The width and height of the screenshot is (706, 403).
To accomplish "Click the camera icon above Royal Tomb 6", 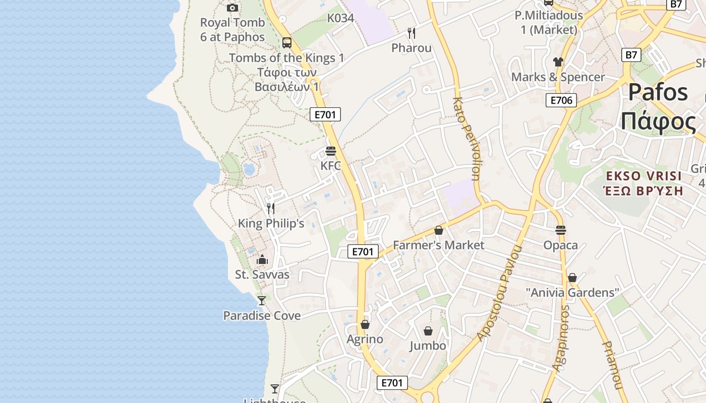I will pyautogui.click(x=232, y=8).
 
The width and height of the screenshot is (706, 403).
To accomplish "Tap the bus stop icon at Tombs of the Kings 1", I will pyautogui.click(x=287, y=43).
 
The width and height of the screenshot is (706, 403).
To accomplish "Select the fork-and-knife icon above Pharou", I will pyautogui.click(x=411, y=33).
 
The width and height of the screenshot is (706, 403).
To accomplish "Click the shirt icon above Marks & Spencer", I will pyautogui.click(x=558, y=62).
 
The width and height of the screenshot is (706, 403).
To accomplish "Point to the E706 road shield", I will pyautogui.click(x=561, y=100).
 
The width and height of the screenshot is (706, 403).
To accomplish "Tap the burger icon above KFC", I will pyautogui.click(x=331, y=151).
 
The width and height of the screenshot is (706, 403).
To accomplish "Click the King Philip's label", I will pyautogui.click(x=271, y=223).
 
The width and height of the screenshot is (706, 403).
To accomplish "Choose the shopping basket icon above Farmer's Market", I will pyautogui.click(x=439, y=230).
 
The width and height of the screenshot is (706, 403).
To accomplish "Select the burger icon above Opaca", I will pyautogui.click(x=561, y=230).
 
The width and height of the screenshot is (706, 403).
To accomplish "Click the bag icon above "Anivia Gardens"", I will pyautogui.click(x=572, y=278).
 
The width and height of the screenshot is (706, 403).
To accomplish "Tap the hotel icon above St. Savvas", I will pyautogui.click(x=262, y=260).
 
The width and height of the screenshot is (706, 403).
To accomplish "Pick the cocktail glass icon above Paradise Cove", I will pyautogui.click(x=262, y=301).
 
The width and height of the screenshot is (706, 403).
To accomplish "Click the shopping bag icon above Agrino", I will pyautogui.click(x=365, y=324).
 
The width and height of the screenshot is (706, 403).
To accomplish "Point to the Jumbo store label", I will pyautogui.click(x=428, y=346).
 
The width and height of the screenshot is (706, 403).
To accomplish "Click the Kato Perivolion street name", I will pyautogui.click(x=466, y=139).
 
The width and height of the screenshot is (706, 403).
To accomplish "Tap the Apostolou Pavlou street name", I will pyautogui.click(x=499, y=294).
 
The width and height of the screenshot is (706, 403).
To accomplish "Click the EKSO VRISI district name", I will pyautogui.click(x=644, y=176).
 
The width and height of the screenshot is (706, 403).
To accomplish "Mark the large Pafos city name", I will pyautogui.click(x=658, y=92).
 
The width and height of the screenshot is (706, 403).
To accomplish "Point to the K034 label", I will pyautogui.click(x=340, y=18).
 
